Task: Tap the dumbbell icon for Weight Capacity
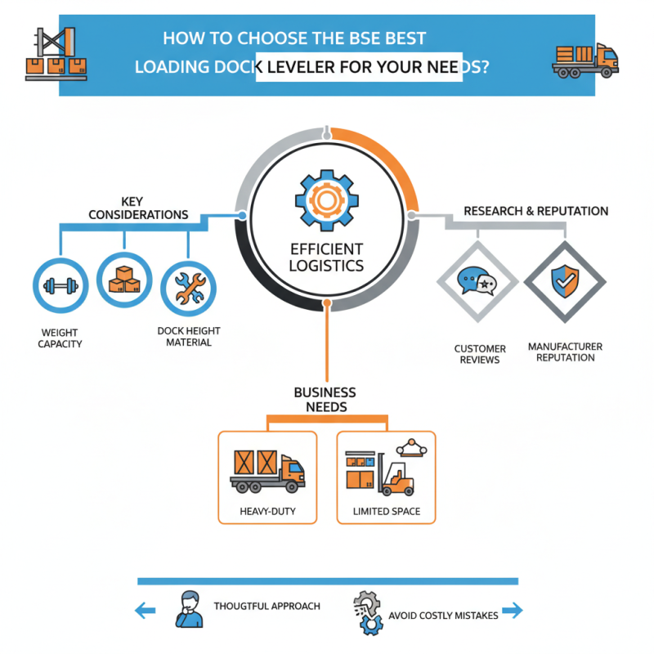tap(59, 286)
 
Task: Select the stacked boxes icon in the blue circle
tap(123, 280)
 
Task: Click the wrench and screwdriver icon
tap(188, 286)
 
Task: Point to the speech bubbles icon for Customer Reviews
tap(477, 283)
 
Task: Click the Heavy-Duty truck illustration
tap(267, 472)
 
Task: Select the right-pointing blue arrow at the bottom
tap(512, 610)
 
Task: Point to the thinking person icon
tap(189, 608)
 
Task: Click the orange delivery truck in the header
tap(585, 58)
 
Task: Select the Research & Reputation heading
tap(535, 211)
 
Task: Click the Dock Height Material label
tap(189, 337)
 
